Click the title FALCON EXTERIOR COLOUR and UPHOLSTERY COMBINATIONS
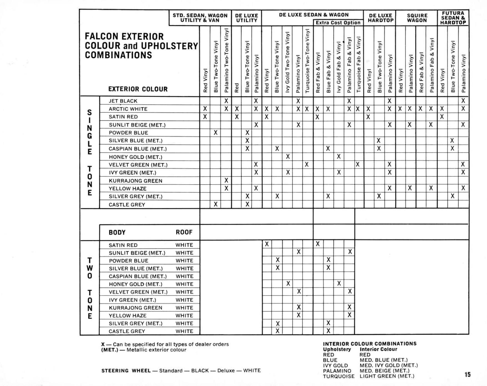pos(141,46)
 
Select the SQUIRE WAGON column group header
pos(417,18)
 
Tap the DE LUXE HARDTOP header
pos(380,18)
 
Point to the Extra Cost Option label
pos(338,23)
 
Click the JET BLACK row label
pos(123,101)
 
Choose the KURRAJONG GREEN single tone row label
pos(135,181)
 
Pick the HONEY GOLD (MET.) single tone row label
pos(135,157)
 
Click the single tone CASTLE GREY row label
pos(127,205)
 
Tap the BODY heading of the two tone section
pos(117,233)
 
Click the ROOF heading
pos(184,232)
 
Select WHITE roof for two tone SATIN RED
pos(184,245)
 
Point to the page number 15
pos(468,374)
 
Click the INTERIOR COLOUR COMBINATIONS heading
pos(370,344)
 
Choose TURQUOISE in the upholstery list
pos(339,377)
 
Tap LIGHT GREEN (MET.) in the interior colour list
pos(387,376)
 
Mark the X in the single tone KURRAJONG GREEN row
pos(226,180)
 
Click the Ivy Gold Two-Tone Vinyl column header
pos(288,62)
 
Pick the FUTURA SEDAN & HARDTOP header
pos(453,18)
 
